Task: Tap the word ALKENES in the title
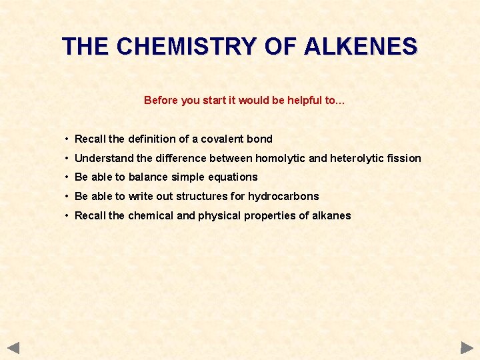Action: tap(361, 47)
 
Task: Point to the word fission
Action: tap(404, 158)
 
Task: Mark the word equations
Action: tap(233, 177)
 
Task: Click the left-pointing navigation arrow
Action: tap(13, 347)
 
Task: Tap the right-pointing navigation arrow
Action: tap(467, 347)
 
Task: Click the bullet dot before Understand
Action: tap(67, 158)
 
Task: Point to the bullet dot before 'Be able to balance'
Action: tap(67, 177)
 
